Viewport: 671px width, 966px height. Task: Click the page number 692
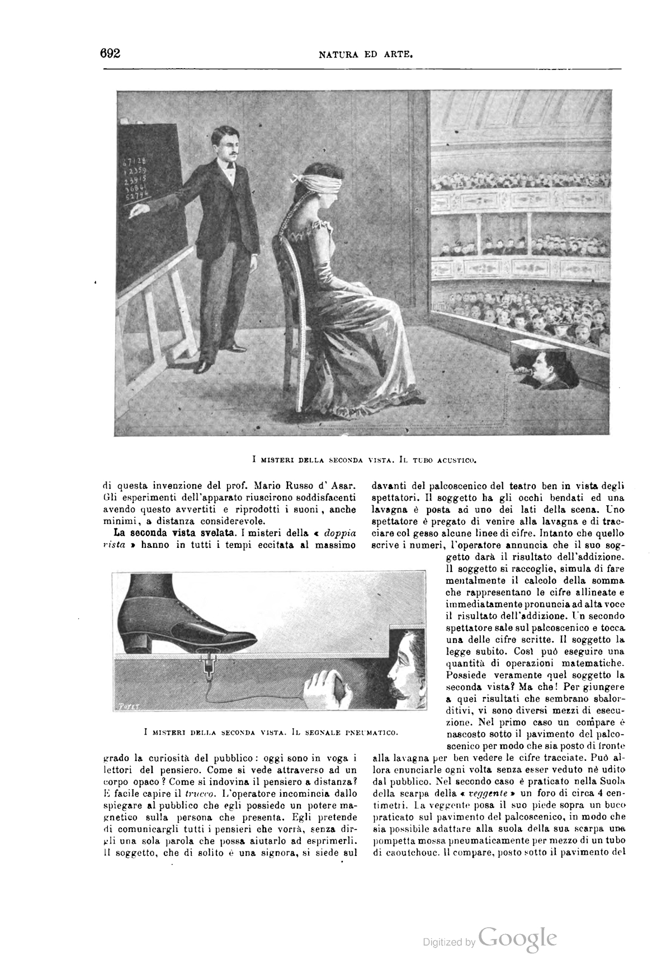tap(111, 54)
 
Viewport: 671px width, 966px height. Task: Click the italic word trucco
tap(193, 793)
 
